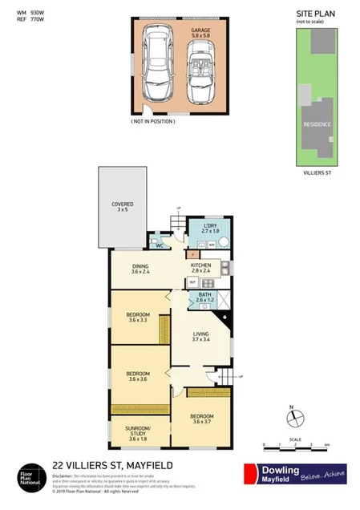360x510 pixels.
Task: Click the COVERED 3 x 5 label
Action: [x=123, y=208]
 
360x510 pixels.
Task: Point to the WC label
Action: [x=160, y=245]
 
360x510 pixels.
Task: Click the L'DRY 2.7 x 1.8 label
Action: [x=211, y=229]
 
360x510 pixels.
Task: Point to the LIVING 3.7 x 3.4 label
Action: [x=200, y=338]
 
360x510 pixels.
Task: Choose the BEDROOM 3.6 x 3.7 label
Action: [x=203, y=419]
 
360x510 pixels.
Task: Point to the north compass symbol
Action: [x=294, y=417]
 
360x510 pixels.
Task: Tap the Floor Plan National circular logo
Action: [x=30, y=474]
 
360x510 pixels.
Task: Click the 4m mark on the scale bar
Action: [x=328, y=443]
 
